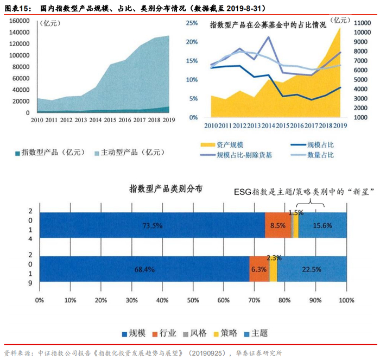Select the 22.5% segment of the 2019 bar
[x=311, y=269]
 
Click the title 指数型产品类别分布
[x=166, y=189]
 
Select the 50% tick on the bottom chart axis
[x=193, y=300]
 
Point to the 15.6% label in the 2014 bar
[x=324, y=226]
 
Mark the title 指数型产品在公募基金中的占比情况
[x=268, y=25]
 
